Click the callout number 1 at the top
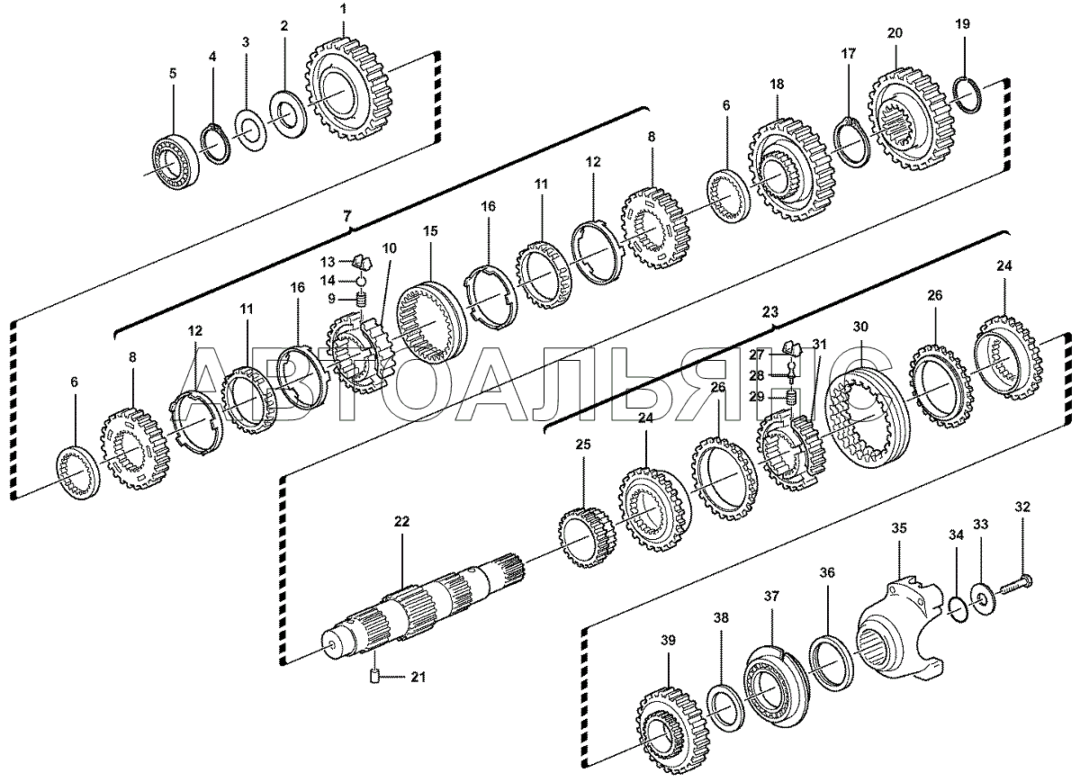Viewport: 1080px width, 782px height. (343, 9)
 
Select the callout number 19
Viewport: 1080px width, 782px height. (962, 24)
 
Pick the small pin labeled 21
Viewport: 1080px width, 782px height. (374, 676)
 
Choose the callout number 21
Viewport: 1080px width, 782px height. (418, 678)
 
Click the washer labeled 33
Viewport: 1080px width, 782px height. (979, 599)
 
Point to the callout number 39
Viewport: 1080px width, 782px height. (668, 640)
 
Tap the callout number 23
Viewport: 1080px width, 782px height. (770, 312)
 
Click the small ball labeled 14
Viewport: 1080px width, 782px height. (362, 281)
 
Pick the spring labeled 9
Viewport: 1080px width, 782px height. (362, 301)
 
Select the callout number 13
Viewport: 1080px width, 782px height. (328, 262)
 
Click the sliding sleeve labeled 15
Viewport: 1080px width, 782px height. (430, 322)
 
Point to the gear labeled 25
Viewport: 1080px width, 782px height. (584, 535)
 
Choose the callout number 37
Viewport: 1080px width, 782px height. (771, 597)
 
